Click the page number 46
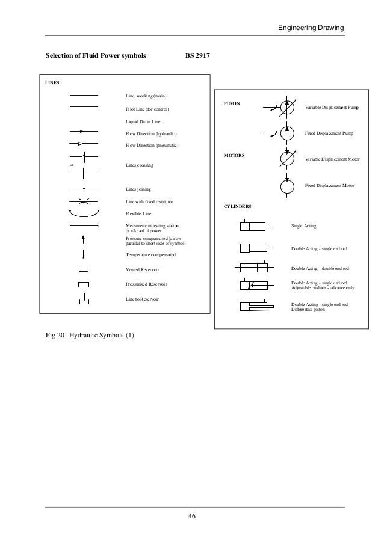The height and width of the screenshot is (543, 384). point(192,516)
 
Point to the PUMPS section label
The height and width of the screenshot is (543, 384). point(232,103)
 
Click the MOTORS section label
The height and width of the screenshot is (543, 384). point(234,155)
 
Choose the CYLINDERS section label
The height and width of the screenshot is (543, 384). point(238,206)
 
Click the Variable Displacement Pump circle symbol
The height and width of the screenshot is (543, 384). point(287,106)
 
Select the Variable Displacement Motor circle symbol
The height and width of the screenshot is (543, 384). point(287,158)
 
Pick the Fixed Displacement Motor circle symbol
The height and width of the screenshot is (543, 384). point(287,185)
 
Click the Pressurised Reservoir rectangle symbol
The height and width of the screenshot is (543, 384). point(84,284)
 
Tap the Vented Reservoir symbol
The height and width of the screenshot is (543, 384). point(84,269)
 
